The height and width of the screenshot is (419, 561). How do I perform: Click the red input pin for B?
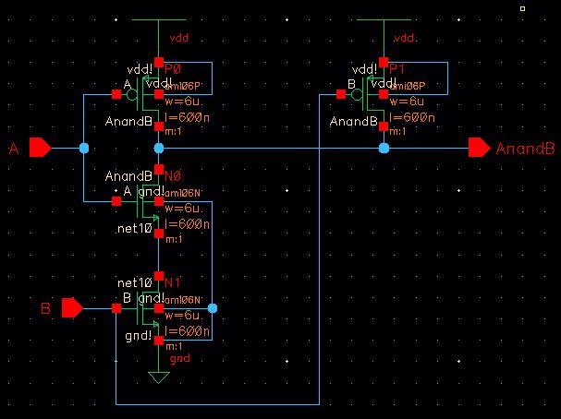72,308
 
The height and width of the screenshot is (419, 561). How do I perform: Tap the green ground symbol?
159,377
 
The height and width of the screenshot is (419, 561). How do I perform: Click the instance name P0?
173,69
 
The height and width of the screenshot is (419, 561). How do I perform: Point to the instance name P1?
397,69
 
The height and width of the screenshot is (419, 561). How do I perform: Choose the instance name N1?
173,281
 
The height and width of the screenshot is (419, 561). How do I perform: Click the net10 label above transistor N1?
133,281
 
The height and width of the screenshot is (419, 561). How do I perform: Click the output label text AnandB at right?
525,149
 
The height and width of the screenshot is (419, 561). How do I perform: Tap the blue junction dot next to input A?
84,148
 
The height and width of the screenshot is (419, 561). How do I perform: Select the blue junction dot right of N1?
213,308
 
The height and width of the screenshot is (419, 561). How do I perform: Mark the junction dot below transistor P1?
384,148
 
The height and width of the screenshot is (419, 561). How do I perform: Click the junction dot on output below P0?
159,148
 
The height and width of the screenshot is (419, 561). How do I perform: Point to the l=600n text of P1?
413,119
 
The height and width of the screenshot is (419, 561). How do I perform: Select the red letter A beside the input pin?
14,149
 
